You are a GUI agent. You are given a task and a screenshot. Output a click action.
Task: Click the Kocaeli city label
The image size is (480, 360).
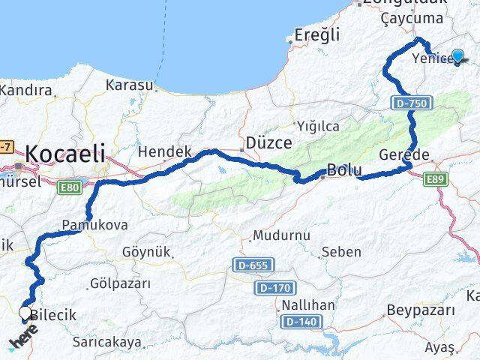pyautogui.click(x=65, y=154)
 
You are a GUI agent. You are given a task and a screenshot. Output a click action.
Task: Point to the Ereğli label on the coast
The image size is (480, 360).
pyautogui.click(x=317, y=35)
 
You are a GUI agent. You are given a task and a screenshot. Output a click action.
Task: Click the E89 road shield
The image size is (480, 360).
pyautogui.click(x=435, y=179)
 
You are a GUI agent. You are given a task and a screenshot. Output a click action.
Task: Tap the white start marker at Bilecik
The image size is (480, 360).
pyautogui.click(x=25, y=313)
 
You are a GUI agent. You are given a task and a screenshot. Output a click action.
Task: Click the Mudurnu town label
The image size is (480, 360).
pyautogui.click(x=281, y=235)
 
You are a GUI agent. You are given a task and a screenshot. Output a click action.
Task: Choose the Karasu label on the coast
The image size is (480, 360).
pyautogui.click(x=130, y=85)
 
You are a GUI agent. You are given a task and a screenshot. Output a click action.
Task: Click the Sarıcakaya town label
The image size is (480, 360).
pyautogui.click(x=106, y=342)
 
